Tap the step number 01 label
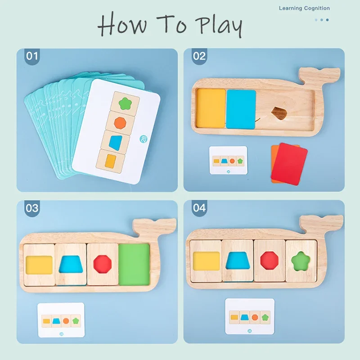[x=33, y=57]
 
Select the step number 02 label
[x=199, y=57]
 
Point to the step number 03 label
[x=33, y=208]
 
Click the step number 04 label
[x=199, y=208]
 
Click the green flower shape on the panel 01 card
[x=125, y=102]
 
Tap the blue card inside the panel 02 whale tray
[x=241, y=109]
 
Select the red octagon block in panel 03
[x=103, y=264]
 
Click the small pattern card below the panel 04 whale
[x=250, y=316]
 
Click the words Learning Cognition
[x=304, y=8]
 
